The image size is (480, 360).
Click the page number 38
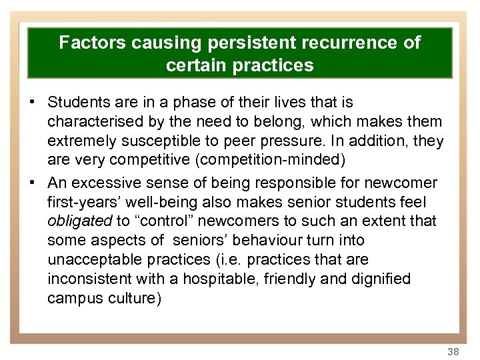coord(453,351)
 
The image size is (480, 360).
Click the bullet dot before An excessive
coord(32,182)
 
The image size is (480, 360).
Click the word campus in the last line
coord(75,298)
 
